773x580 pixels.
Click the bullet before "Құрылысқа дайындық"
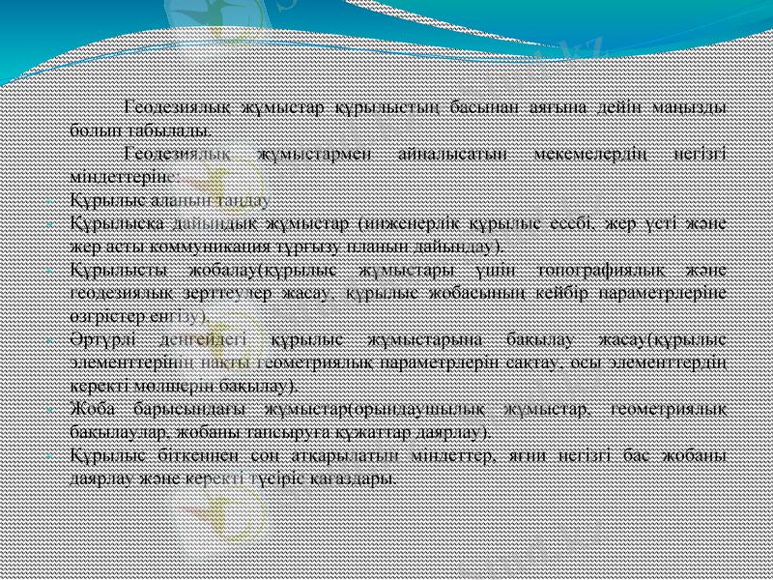coord(59,223)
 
